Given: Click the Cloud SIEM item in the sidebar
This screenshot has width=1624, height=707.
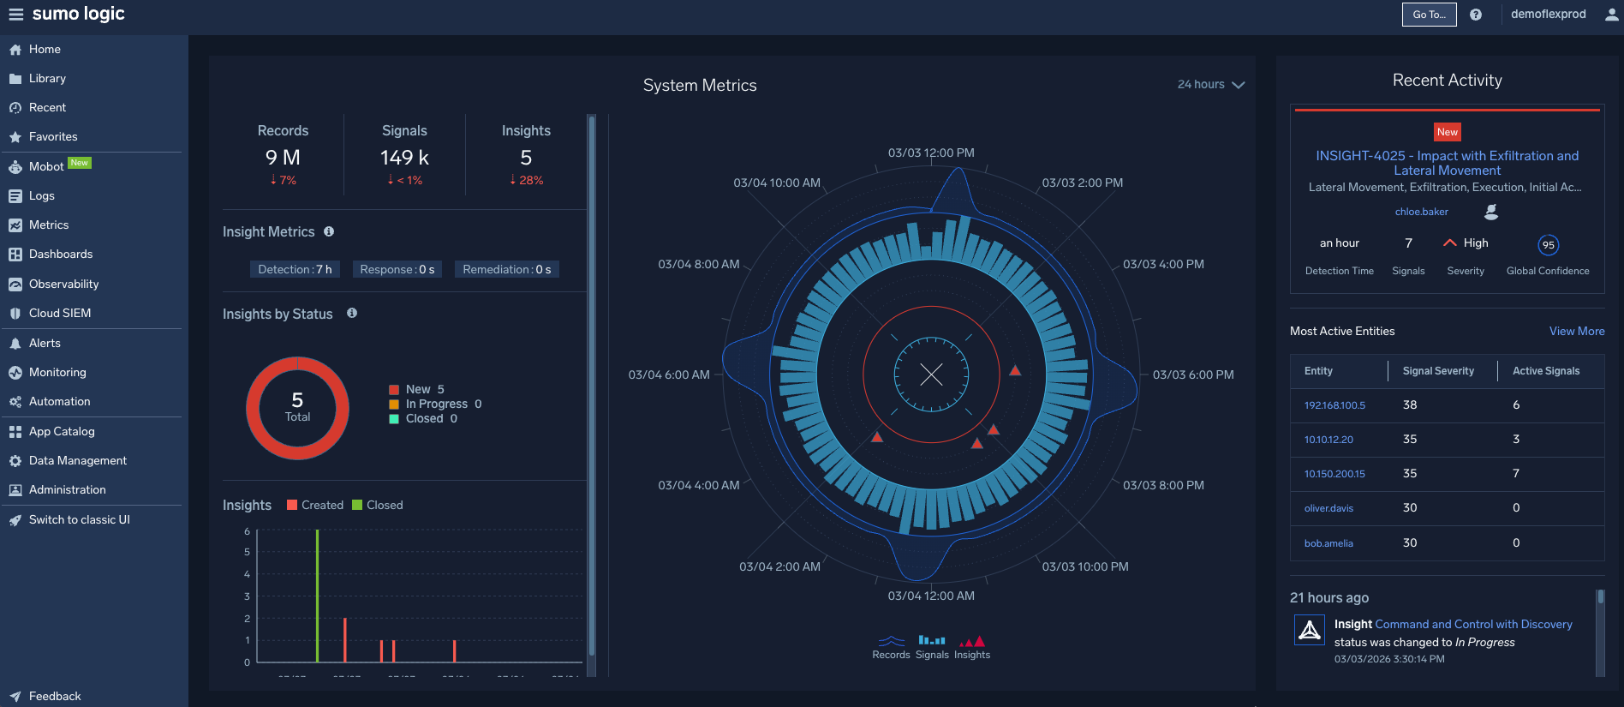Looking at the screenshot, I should (x=59, y=314).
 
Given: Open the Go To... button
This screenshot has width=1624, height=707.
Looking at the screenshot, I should (x=1429, y=15).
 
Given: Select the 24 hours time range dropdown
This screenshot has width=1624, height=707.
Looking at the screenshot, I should (x=1210, y=85).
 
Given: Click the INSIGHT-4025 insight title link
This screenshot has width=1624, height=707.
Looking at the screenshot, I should (x=1447, y=163).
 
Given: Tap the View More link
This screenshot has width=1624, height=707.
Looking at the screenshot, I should (x=1576, y=332).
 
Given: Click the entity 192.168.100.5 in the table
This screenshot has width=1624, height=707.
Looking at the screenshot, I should (x=1334, y=405).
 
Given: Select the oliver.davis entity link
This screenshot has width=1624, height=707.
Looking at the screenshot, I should (x=1328, y=508).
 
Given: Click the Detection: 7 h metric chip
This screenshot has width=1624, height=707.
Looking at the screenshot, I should (x=295, y=270).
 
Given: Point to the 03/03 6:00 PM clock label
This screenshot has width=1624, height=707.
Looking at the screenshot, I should (x=1192, y=375).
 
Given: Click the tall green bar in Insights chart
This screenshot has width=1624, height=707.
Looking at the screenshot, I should (x=317, y=596).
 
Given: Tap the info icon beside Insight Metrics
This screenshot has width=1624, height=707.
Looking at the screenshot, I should (x=329, y=232).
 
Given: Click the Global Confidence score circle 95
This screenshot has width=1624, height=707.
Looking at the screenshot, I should (x=1548, y=245).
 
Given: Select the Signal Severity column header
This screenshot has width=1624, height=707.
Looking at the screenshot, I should (x=1438, y=371).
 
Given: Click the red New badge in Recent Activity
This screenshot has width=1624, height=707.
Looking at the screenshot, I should (x=1447, y=132).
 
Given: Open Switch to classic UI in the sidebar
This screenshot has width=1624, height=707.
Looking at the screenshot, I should (x=79, y=520).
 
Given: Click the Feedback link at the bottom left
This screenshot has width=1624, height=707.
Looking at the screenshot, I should (x=54, y=697).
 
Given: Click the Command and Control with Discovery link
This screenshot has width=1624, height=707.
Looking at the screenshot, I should (x=1473, y=625).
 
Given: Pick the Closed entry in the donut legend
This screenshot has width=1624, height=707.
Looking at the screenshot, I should (x=424, y=419).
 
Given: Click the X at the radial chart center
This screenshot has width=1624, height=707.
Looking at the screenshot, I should (x=931, y=374).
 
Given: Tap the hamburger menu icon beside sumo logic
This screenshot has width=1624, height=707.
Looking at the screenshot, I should (x=15, y=15).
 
